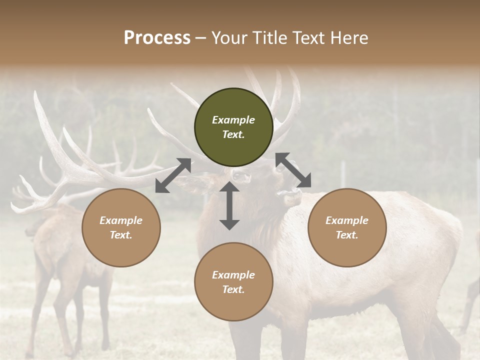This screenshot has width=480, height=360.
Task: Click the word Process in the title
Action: tap(157, 37)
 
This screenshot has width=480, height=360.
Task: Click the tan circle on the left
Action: tap(121, 227)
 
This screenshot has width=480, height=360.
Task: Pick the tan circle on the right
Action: tap(347, 227)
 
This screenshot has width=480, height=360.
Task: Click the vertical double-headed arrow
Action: tap(229, 205)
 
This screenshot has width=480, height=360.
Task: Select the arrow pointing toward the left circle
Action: tap(173, 175)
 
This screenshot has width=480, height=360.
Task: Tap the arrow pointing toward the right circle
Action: tap(293, 170)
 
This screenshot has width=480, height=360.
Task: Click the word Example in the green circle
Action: tap(233, 120)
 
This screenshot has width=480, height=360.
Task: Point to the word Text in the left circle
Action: tap(121, 235)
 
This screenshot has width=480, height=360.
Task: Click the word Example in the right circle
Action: tap(347, 220)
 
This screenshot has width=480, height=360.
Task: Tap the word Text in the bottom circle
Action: tap(233, 289)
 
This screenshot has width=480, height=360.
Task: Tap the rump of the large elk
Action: tap(440, 240)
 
